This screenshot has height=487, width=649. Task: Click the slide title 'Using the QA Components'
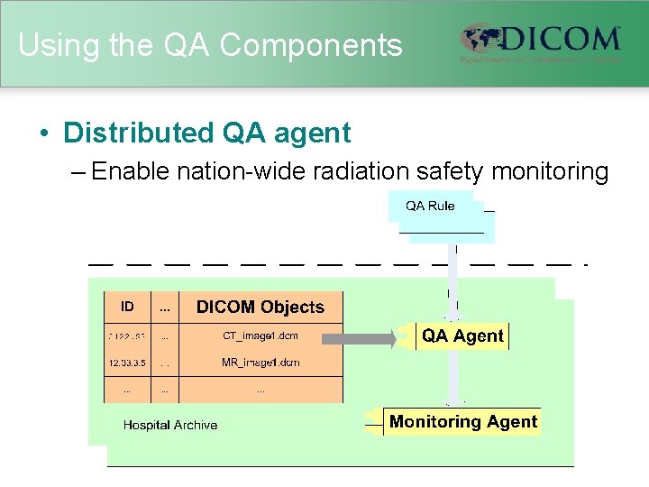click(210, 45)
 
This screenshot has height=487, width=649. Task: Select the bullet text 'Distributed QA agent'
click(206, 133)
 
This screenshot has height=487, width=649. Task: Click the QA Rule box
click(430, 207)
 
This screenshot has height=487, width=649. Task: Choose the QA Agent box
click(462, 336)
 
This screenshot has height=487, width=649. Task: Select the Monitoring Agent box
click(462, 422)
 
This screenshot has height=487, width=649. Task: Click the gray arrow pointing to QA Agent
click(358, 339)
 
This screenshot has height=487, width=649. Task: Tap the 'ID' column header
click(127, 307)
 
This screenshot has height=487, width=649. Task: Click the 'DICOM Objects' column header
click(260, 307)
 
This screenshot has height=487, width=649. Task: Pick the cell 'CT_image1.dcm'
click(260, 336)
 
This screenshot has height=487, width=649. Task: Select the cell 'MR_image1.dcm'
click(260, 363)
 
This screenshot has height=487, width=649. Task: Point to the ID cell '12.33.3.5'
click(127, 363)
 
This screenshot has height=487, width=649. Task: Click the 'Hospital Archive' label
click(169, 425)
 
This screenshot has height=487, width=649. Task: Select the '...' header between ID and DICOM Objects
click(165, 307)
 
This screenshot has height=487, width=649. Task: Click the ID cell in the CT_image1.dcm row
click(127, 336)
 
